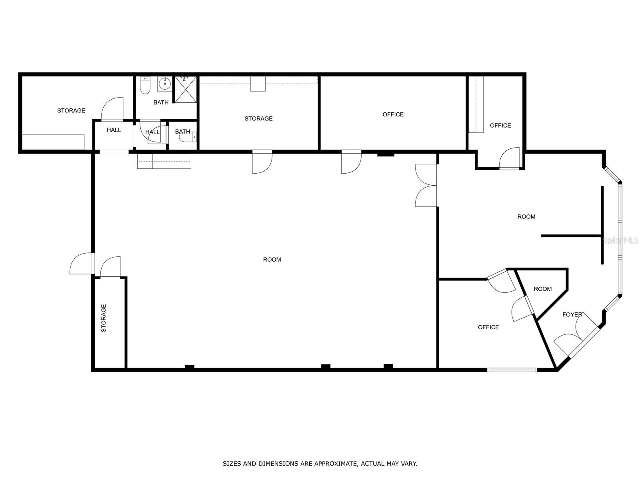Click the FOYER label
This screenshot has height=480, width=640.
572,314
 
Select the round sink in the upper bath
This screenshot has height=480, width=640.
164,84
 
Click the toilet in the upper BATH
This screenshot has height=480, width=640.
145,86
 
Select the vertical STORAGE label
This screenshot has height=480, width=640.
104,318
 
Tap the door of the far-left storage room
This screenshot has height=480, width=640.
112,109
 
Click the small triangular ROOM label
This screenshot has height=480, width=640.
542,289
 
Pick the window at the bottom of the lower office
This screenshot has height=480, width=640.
512,370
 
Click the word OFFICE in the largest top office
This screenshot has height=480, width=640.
393,114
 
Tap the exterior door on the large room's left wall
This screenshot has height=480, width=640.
82,264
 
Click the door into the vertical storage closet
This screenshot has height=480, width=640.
110,267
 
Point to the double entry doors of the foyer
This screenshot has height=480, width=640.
576,336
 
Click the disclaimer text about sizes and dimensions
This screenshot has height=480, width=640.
320,464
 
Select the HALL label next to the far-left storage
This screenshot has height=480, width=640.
114,130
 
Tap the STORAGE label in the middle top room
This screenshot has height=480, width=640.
258,118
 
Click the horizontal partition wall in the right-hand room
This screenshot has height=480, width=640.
571,236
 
